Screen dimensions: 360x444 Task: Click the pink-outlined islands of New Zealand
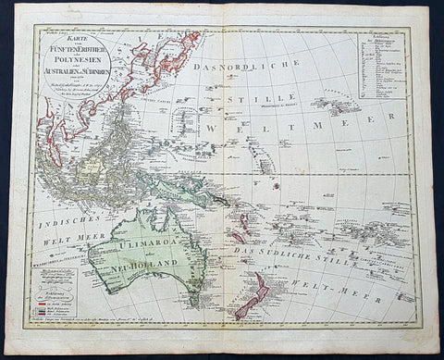click(250, 296)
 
